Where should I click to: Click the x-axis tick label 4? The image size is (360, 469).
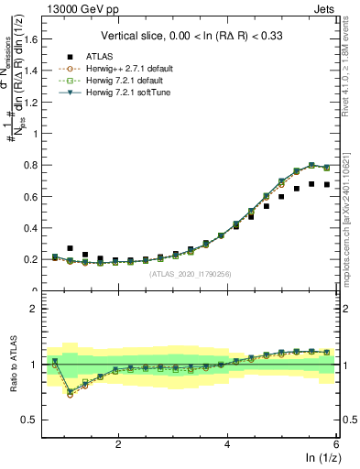point(227,444)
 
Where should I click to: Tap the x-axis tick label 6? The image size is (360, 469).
point(335,444)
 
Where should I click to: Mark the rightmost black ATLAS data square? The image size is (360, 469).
point(326,185)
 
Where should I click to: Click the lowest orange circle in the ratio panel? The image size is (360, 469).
point(71,395)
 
